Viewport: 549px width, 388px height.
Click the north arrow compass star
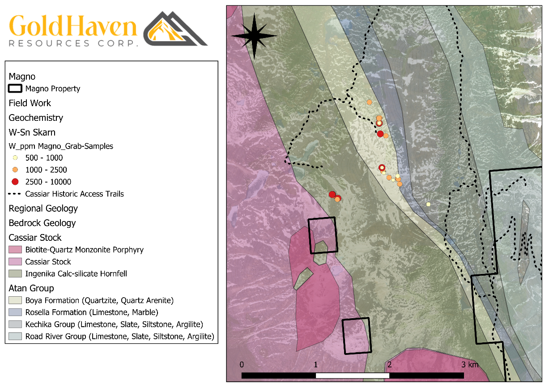click(x=254, y=36)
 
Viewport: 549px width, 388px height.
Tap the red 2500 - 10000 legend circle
click(x=15, y=182)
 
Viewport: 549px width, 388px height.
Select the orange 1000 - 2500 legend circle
click(x=15, y=170)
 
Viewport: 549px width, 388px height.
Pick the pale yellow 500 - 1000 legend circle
click(x=15, y=158)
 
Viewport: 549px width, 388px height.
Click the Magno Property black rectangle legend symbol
click(x=15, y=89)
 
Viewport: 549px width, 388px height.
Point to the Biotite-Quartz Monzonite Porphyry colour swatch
click(x=15, y=249)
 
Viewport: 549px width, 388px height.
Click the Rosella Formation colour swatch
click(x=15, y=312)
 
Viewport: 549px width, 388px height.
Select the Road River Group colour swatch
click(x=15, y=336)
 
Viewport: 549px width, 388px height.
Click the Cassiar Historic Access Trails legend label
click(x=74, y=194)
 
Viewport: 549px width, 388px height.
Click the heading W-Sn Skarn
click(x=32, y=132)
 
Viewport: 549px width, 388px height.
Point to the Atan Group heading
click(x=31, y=288)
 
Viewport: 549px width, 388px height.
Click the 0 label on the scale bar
click(x=242, y=364)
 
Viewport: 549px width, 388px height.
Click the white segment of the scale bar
click(x=352, y=375)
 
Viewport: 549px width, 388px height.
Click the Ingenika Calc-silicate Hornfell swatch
click(x=15, y=273)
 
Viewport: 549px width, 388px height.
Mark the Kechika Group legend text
click(x=114, y=324)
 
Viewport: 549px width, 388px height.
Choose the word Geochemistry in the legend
click(x=36, y=118)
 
